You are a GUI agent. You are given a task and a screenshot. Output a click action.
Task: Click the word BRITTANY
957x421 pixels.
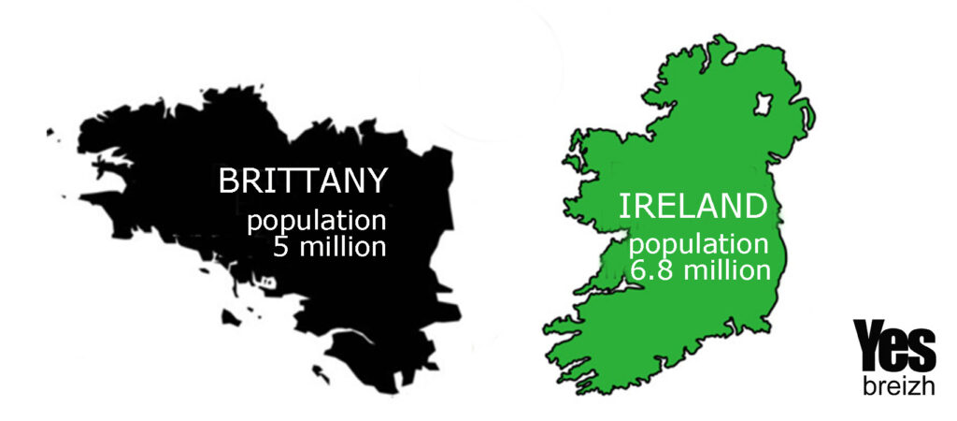tap(302, 181)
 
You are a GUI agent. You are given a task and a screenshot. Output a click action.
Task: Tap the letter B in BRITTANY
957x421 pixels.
tap(228, 181)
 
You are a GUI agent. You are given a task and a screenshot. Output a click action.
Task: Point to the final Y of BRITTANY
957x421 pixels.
tap(376, 181)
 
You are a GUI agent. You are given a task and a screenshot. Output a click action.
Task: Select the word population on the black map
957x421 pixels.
tap(316, 224)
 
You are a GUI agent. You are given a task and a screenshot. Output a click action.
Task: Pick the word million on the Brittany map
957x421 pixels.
tap(341, 249)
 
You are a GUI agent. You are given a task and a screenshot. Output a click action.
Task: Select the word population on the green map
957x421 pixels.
tap(697, 247)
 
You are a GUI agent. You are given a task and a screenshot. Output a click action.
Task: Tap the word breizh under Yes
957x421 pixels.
tap(894, 386)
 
